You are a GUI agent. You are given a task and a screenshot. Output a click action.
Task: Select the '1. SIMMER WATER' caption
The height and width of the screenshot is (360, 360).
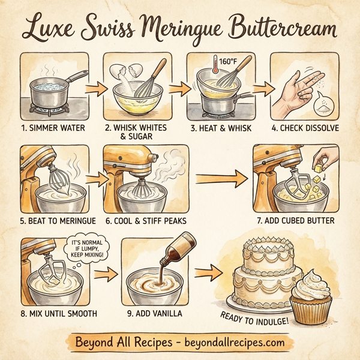53,127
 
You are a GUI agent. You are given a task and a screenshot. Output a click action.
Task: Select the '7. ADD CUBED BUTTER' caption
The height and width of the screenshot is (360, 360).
295,221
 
